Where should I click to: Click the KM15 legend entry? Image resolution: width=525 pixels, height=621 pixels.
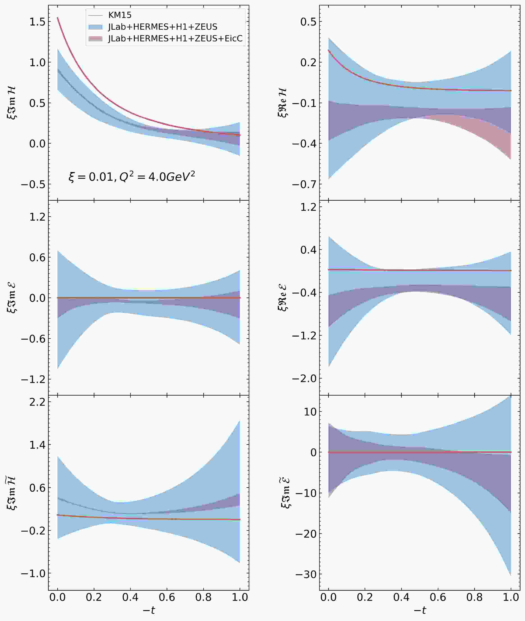click(120, 15)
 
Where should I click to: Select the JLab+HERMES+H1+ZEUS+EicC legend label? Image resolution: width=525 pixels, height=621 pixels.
click(175, 39)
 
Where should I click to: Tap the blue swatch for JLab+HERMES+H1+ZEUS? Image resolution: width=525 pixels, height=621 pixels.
click(95, 27)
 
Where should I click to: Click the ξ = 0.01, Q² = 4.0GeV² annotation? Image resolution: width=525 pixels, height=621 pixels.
click(132, 177)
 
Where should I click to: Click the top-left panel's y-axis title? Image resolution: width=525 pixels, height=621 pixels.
click(12, 103)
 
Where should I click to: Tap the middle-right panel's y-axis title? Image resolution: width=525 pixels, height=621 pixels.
click(283, 297)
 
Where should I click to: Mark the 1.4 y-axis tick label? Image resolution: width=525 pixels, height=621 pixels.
click(37, 445)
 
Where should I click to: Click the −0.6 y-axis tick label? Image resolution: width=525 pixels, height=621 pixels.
click(33, 339)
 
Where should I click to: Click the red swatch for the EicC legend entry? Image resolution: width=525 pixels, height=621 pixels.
click(95, 39)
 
